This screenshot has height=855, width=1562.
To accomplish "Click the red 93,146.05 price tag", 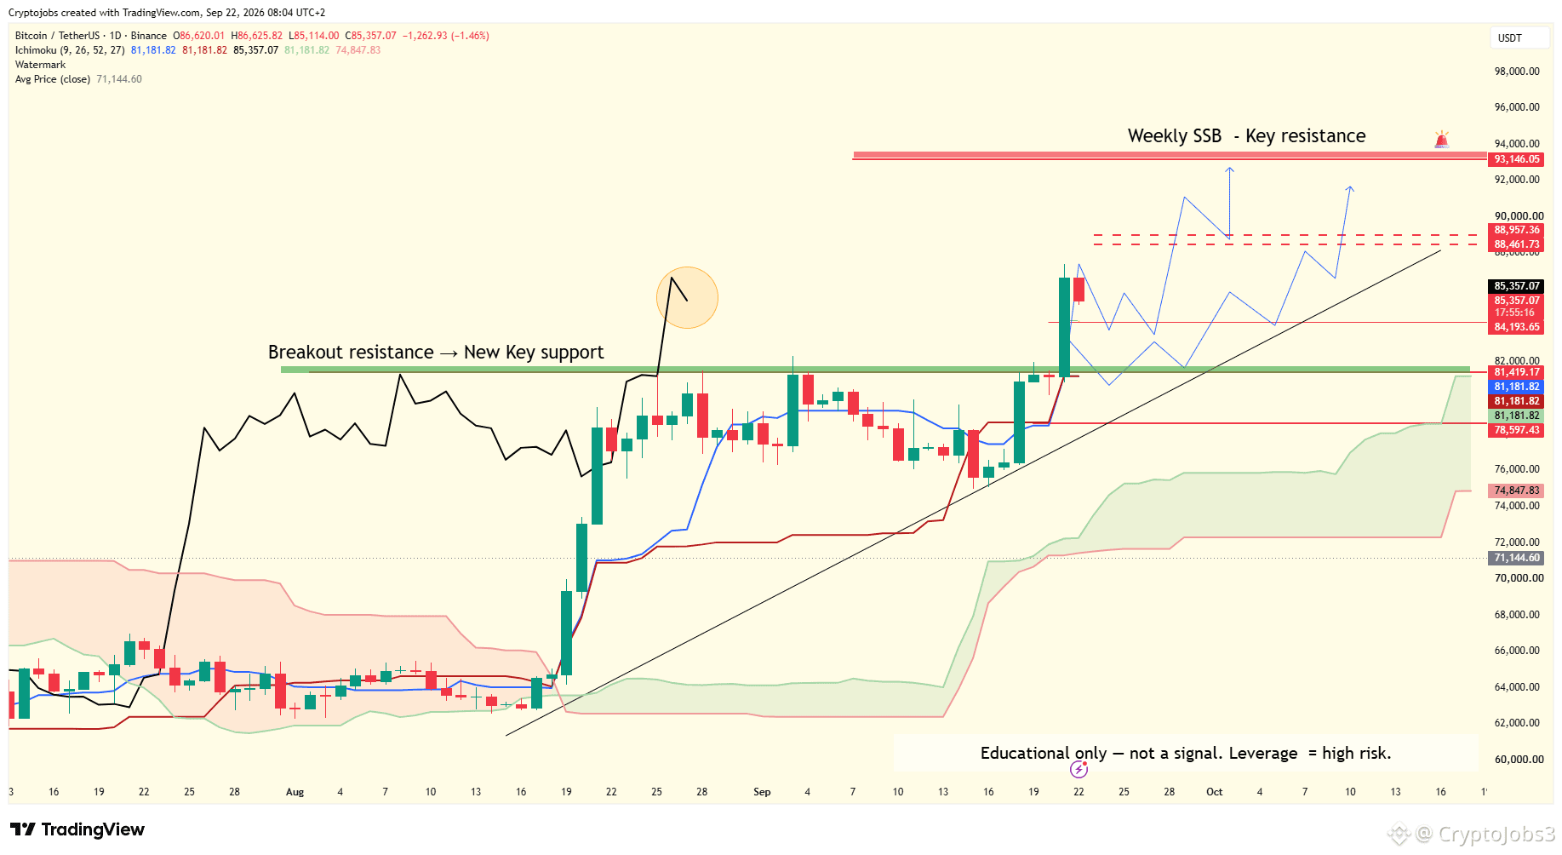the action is [x=1516, y=159].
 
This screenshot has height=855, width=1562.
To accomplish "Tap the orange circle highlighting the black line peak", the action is [x=687, y=297].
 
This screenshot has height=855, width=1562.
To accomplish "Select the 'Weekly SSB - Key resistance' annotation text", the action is [x=1246, y=136].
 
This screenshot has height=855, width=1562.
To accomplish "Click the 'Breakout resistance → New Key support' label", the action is [x=436, y=353].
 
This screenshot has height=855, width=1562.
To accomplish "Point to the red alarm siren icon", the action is [x=1441, y=140].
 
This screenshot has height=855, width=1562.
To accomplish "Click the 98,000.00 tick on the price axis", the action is [x=1517, y=72].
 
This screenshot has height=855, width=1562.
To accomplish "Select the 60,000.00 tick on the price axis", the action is [x=1517, y=760].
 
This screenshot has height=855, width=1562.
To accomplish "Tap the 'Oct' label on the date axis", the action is [x=1214, y=792].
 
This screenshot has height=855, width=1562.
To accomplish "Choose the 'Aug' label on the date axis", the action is [x=295, y=792].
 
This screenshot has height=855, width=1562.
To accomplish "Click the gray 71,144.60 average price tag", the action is [x=1516, y=558].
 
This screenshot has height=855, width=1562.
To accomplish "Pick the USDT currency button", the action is [x=1510, y=38].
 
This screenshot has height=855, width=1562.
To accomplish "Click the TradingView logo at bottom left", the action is [x=77, y=829].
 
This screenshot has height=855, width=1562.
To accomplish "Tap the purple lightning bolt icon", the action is [x=1079, y=770].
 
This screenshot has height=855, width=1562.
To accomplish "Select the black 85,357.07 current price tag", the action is [x=1516, y=286].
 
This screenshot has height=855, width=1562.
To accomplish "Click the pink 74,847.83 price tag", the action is [x=1516, y=491].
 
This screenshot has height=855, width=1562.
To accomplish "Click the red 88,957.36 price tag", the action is [x=1516, y=230].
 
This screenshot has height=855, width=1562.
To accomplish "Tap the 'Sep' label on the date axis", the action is [x=762, y=792].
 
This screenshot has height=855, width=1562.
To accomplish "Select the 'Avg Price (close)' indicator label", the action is [x=53, y=79].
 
